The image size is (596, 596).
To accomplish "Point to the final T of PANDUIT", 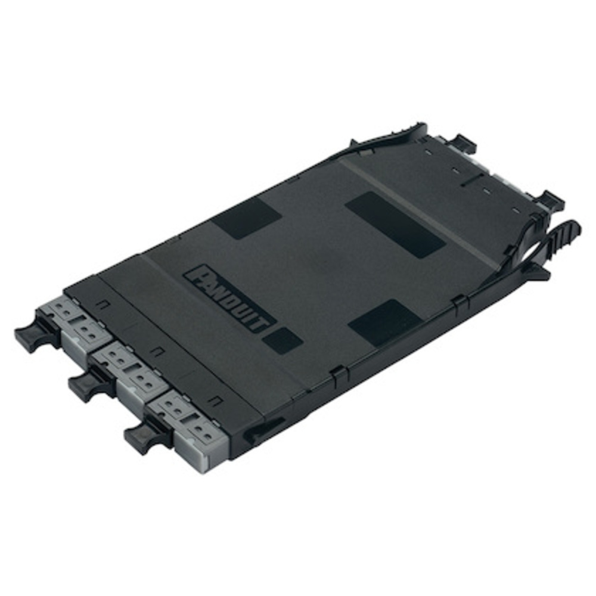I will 265,325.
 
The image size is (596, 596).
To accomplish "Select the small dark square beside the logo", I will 282,340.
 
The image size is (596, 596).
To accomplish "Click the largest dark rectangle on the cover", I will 395,224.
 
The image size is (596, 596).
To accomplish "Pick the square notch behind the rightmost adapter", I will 216,400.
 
